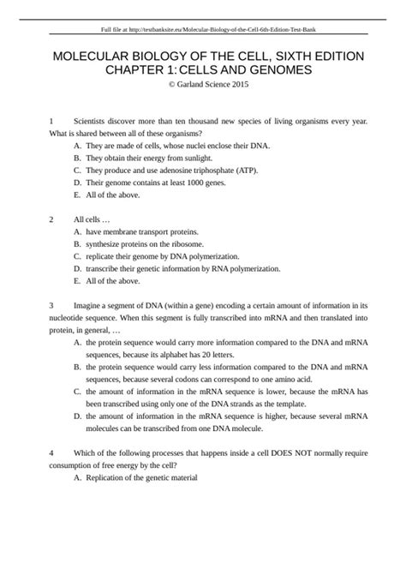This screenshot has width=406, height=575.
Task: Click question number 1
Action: click(52, 123)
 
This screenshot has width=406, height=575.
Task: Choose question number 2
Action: click(52, 219)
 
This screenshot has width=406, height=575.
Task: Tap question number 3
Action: click(52, 304)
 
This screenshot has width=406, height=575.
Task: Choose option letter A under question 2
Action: click(77, 231)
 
